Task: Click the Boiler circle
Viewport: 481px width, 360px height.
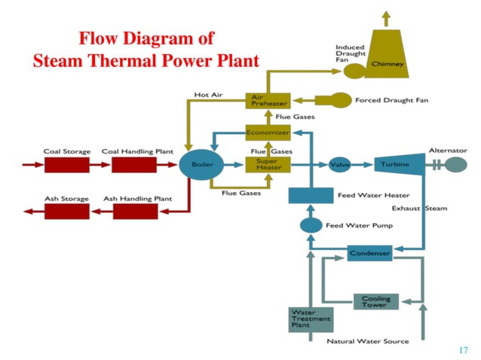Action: [x=197, y=164]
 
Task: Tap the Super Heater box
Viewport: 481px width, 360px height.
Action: [x=268, y=164]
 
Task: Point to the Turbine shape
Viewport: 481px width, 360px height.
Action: [x=396, y=164]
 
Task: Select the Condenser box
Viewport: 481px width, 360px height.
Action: [x=369, y=253]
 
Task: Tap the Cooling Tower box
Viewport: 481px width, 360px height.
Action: [x=375, y=301]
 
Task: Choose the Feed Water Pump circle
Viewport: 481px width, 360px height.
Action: [x=311, y=224]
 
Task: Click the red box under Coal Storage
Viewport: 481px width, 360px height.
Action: [x=67, y=164]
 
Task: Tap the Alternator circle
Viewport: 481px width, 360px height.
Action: [x=455, y=164]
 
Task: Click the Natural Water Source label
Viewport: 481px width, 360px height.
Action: [x=367, y=341]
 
